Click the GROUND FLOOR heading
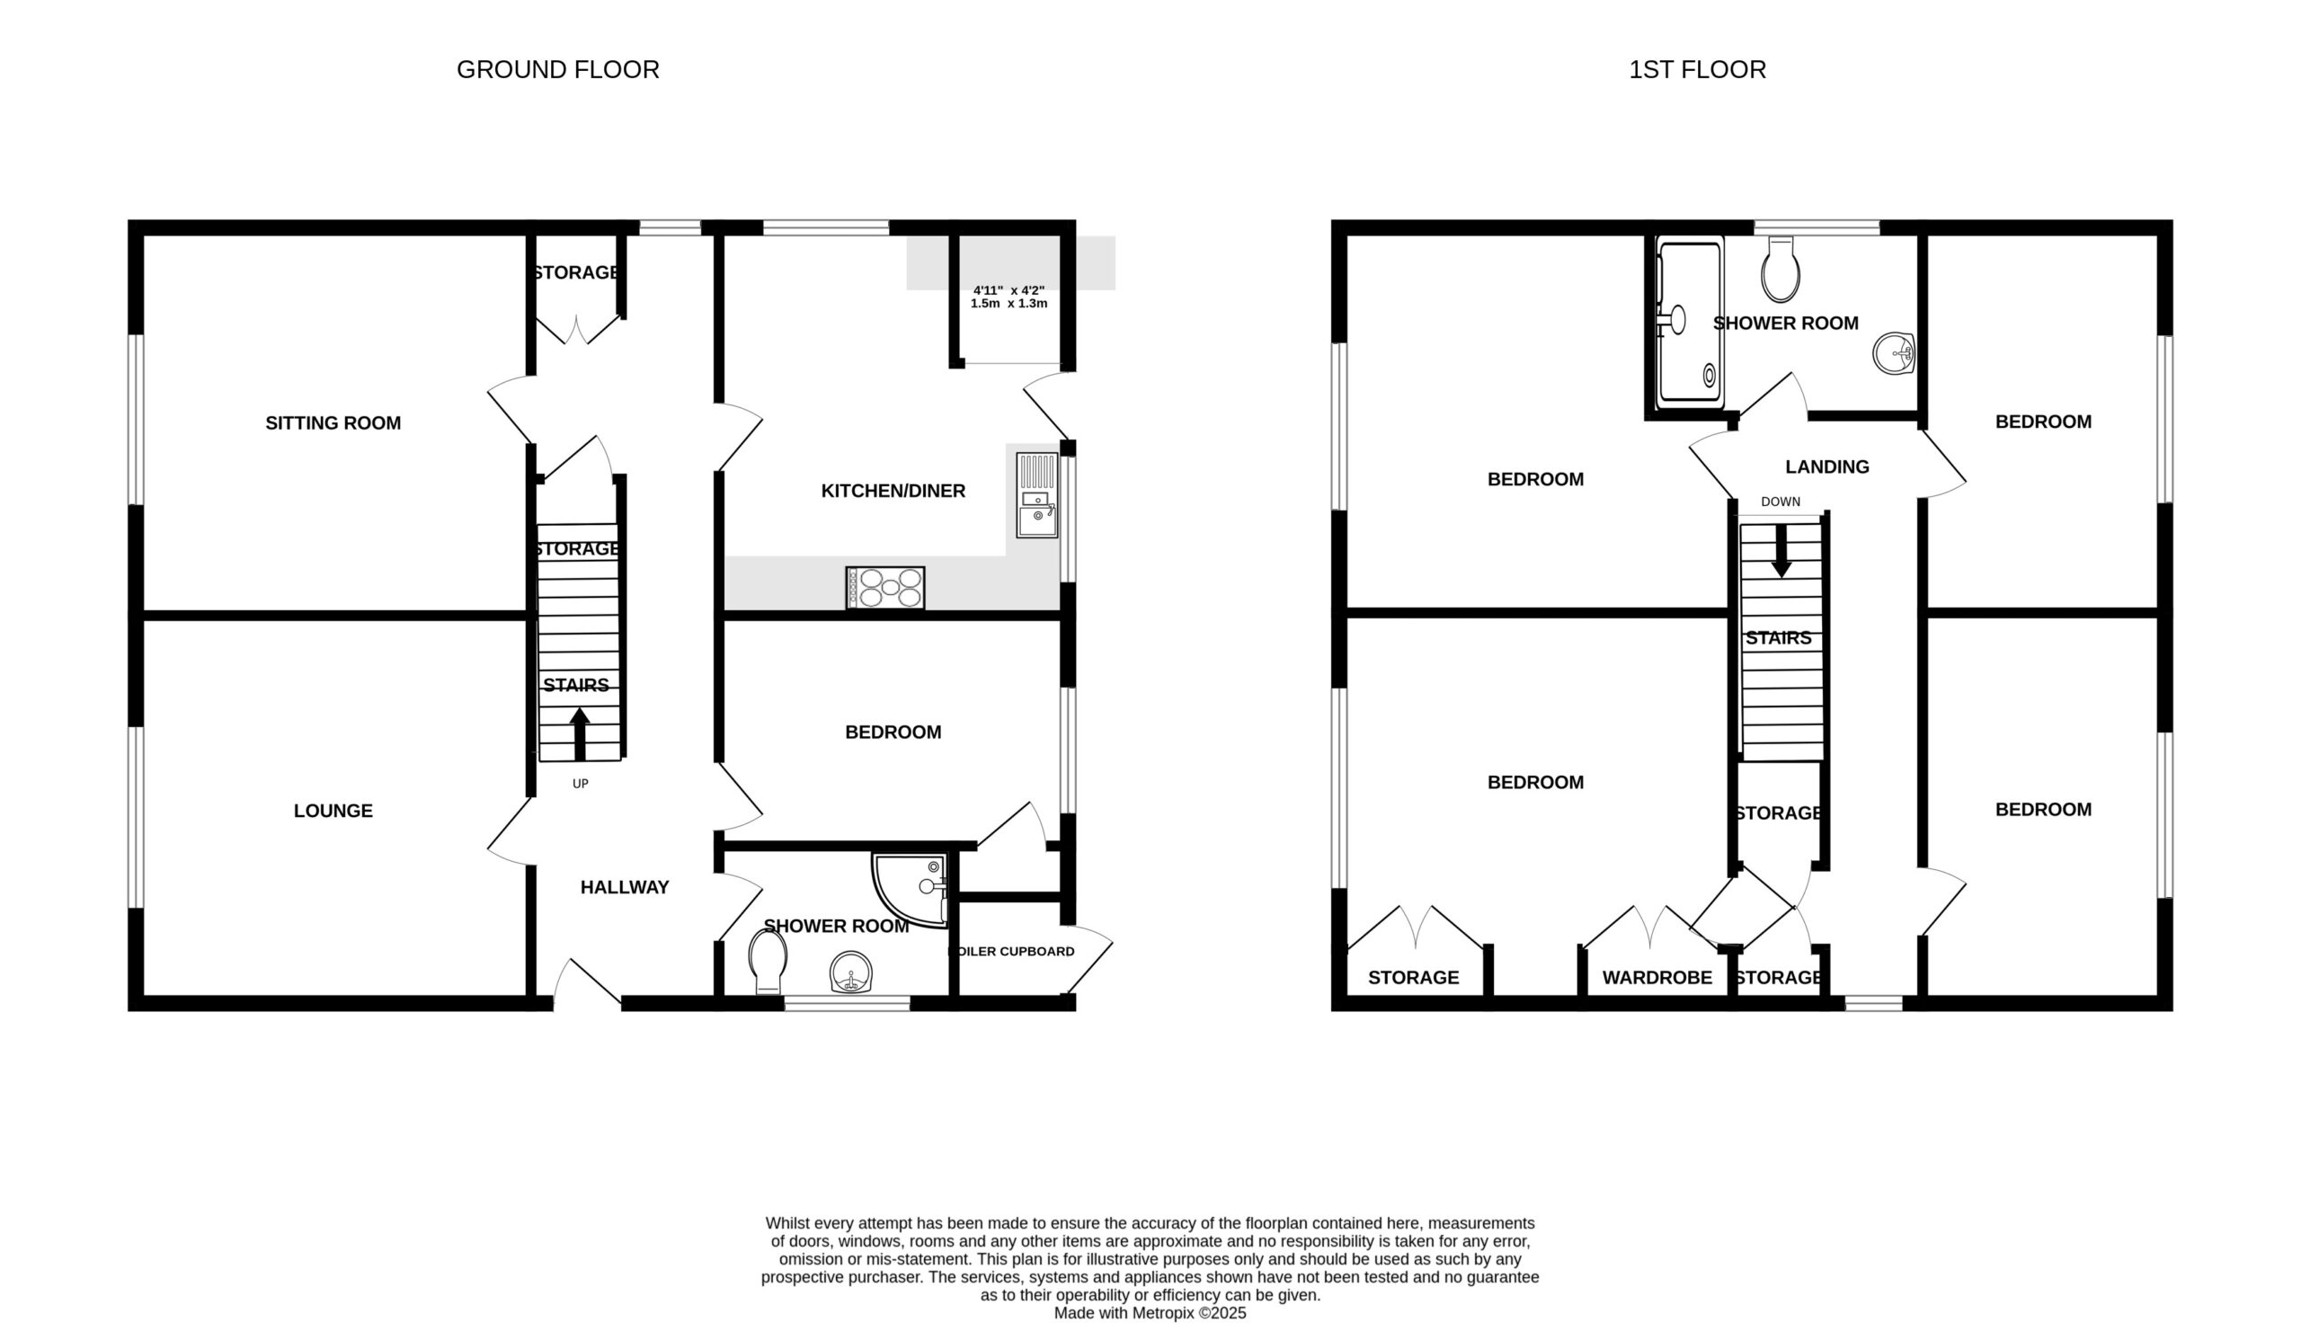[558, 70]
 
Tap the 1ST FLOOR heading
[1697, 70]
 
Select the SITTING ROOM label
[333, 422]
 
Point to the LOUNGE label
[333, 811]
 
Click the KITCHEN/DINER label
[893, 491]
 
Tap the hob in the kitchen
[884, 587]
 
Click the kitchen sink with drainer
[1037, 495]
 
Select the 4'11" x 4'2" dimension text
[1008, 290]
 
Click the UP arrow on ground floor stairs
[580, 734]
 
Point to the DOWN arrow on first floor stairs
[1781, 550]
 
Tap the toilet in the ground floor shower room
[768, 961]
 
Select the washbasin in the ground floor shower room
[851, 972]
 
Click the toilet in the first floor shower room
[1781, 269]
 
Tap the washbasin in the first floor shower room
[1894, 353]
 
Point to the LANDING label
[1826, 467]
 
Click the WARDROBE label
[1657, 978]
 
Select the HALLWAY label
[625, 888]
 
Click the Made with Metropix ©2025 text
[1150, 1313]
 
